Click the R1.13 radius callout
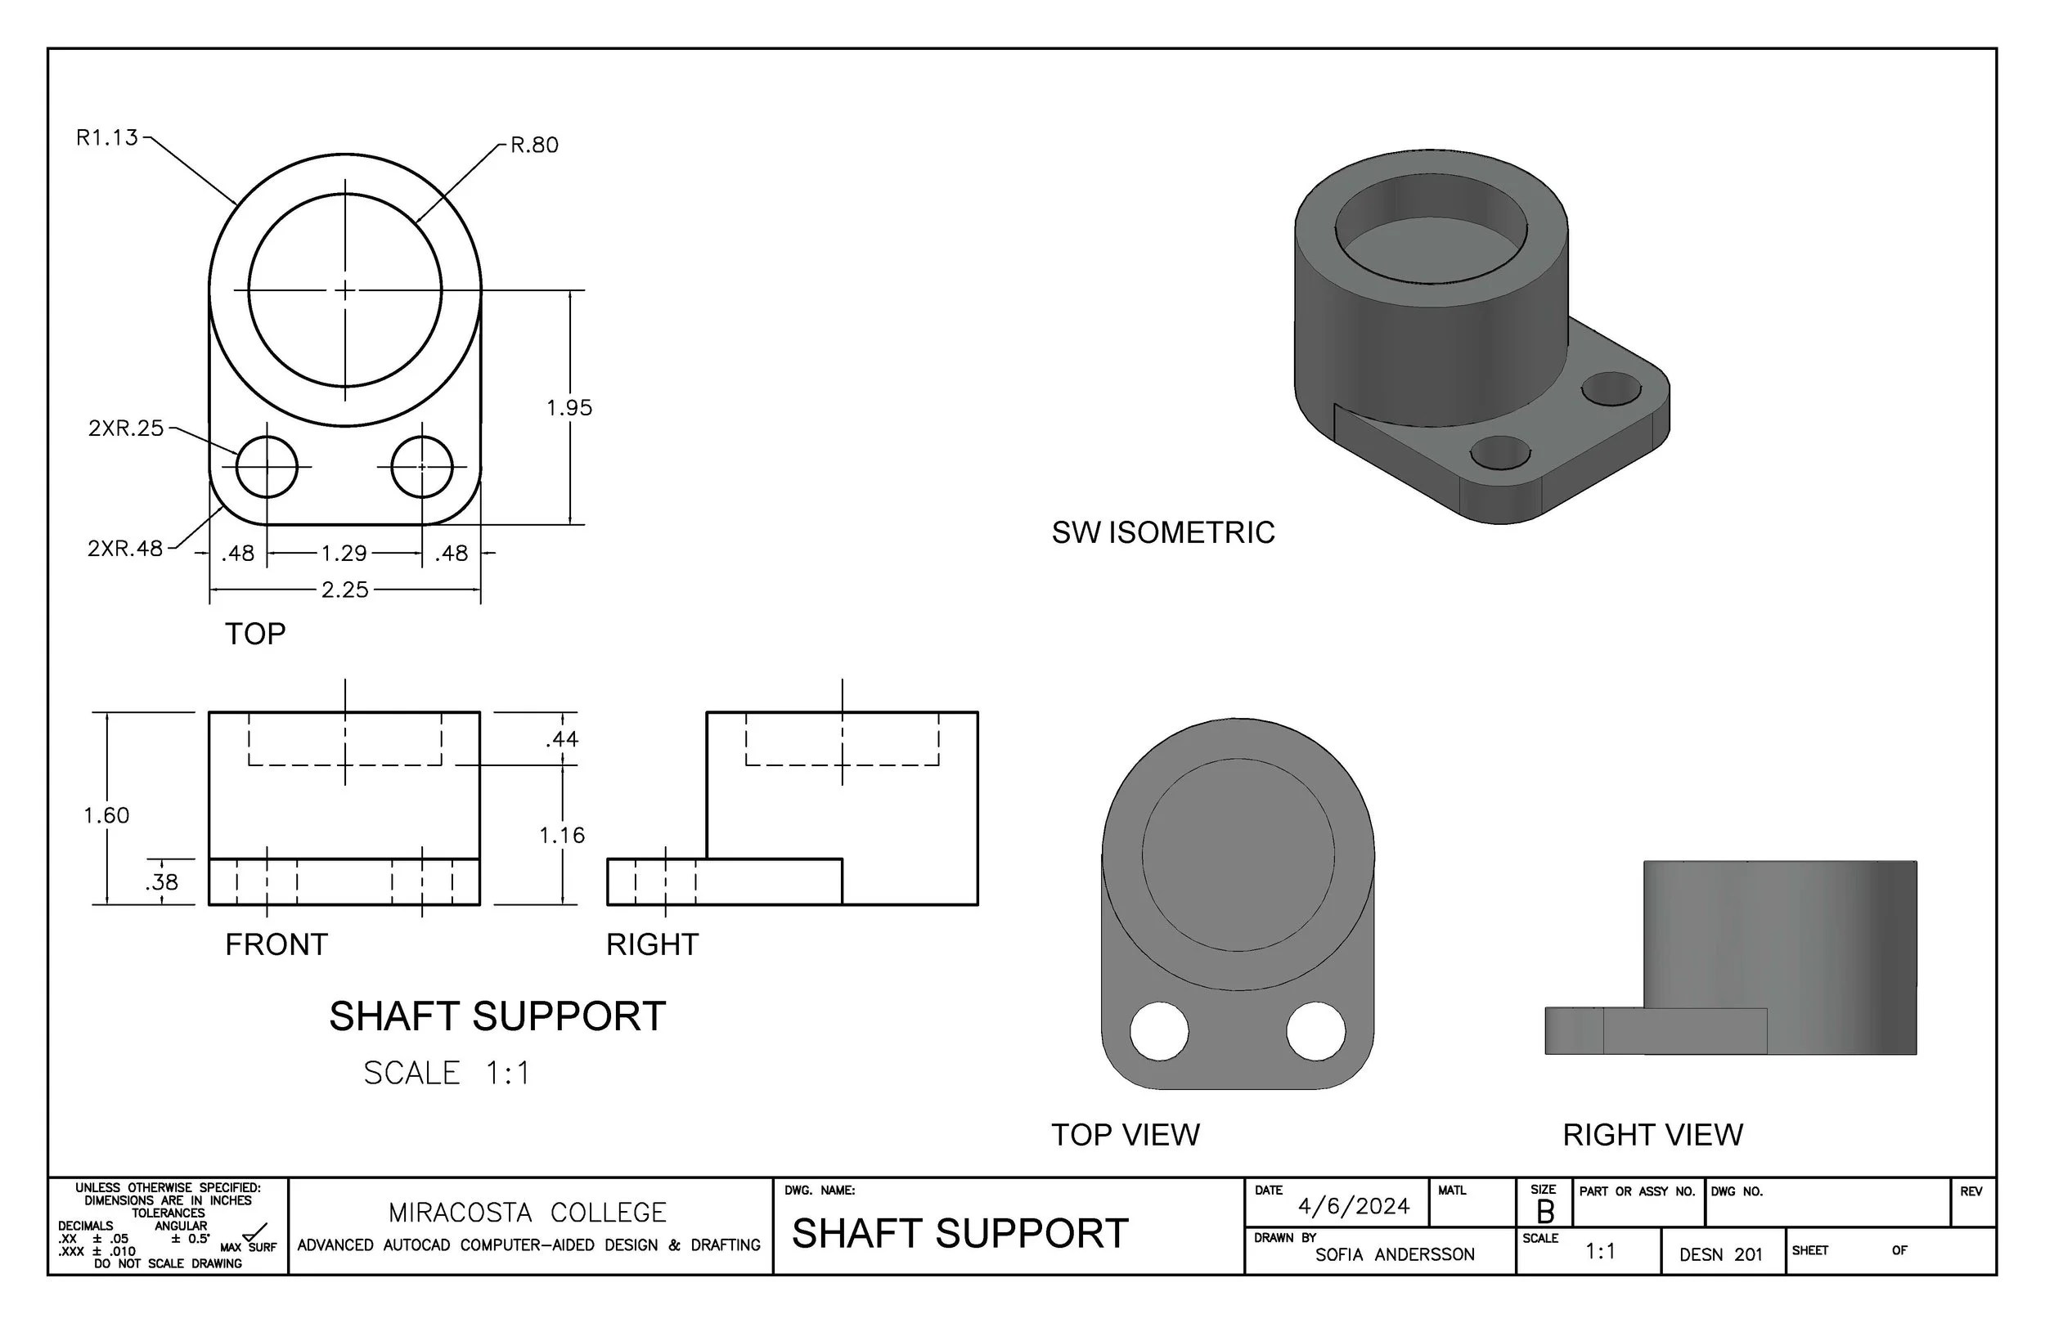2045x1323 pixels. (106, 137)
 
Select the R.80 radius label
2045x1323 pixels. (533, 146)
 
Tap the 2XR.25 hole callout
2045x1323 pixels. (125, 428)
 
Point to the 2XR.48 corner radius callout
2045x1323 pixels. (124, 548)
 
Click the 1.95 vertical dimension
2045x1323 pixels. (569, 407)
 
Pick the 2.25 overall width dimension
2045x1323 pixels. (344, 590)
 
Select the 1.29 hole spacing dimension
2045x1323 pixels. (344, 554)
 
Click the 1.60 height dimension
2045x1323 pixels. (106, 815)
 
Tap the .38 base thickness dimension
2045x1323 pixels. (161, 882)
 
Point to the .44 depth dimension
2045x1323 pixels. (562, 739)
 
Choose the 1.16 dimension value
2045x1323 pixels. (562, 835)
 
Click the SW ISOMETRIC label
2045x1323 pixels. (1162, 532)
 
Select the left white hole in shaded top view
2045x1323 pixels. (1159, 1031)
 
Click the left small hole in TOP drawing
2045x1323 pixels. (267, 467)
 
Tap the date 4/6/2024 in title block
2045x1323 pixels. (1353, 1206)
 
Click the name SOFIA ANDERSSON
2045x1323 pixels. (1395, 1254)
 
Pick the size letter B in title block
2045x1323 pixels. (1545, 1211)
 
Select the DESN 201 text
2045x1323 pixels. (1720, 1254)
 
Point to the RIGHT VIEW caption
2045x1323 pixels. (1652, 1135)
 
